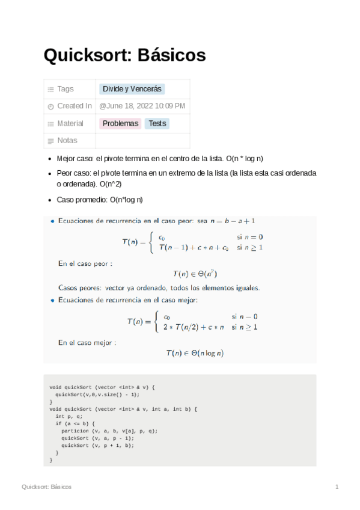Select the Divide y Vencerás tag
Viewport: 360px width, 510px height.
pyautogui.click(x=132, y=89)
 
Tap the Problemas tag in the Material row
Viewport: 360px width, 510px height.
pyautogui.click(x=120, y=123)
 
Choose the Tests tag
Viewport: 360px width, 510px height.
pyautogui.click(x=157, y=123)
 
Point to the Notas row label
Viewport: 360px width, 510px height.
pyautogui.click(x=67, y=141)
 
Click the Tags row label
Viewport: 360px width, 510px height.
pyautogui.click(x=65, y=89)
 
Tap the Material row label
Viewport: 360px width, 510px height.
pyautogui.click(x=70, y=123)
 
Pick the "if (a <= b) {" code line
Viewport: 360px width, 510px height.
pyautogui.click(x=75, y=423)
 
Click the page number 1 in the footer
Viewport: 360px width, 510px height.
pyautogui.click(x=337, y=487)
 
